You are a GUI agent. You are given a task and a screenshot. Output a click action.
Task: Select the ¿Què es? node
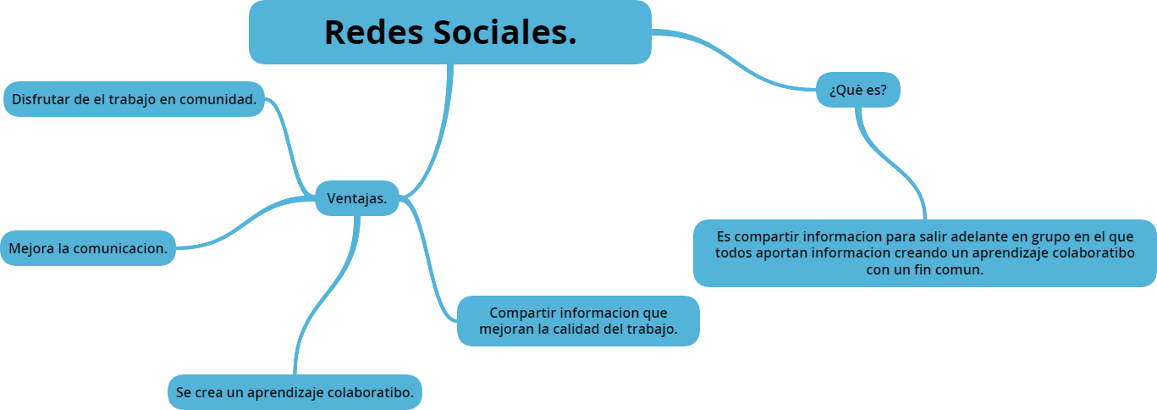pyautogui.click(x=857, y=90)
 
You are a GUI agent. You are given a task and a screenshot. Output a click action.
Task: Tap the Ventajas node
pyautogui.click(x=356, y=198)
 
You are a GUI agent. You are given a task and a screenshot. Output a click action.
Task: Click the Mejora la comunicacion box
pyautogui.click(x=88, y=248)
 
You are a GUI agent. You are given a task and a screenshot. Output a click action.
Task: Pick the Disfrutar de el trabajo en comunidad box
pyautogui.click(x=134, y=99)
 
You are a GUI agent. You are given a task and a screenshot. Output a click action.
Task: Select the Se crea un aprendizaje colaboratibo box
pyautogui.click(x=295, y=392)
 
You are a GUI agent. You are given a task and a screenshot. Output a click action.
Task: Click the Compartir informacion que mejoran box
pyautogui.click(x=578, y=320)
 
